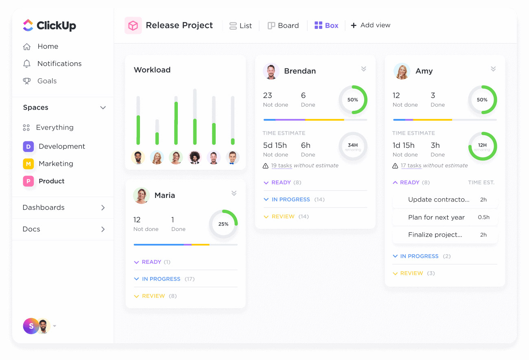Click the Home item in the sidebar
click(41, 46)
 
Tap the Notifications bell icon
click(27, 64)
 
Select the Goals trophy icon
click(27, 81)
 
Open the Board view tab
click(283, 25)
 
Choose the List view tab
click(240, 26)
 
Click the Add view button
click(371, 25)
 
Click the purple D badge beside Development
click(28, 146)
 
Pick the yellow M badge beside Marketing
click(28, 164)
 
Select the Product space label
click(52, 181)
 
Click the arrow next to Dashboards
click(103, 208)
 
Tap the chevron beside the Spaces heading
click(103, 108)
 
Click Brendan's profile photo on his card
click(271, 71)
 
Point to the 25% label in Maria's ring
click(223, 224)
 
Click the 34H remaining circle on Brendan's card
click(353, 146)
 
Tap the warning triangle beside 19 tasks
click(265, 166)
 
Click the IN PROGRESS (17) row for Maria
click(164, 279)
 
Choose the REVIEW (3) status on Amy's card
click(414, 273)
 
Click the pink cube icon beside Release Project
click(133, 25)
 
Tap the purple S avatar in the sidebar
click(31, 326)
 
